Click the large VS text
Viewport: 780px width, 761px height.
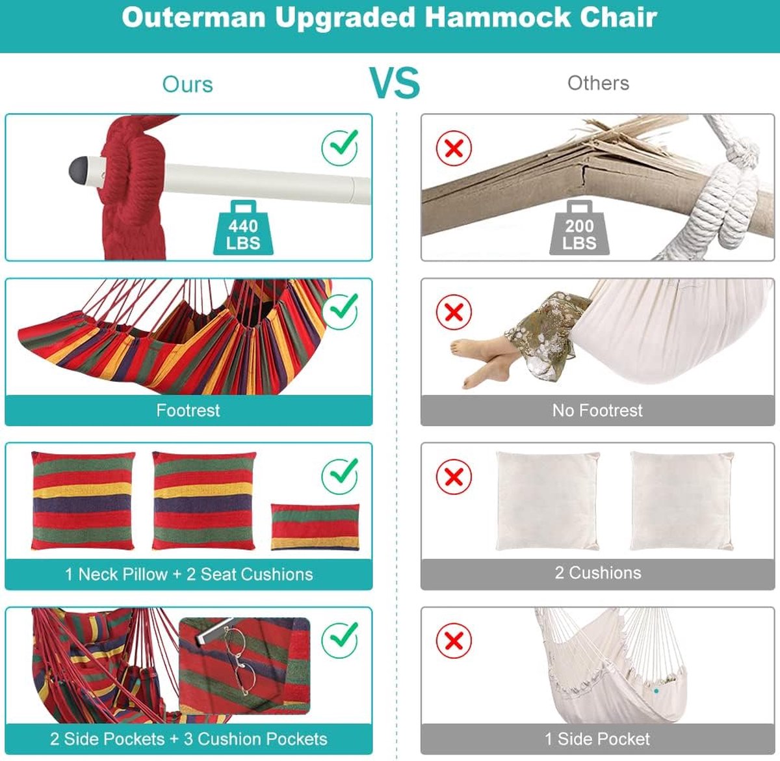click(x=395, y=83)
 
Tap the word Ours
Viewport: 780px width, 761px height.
click(x=188, y=85)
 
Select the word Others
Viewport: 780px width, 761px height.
click(x=598, y=83)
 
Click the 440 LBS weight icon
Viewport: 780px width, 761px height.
click(x=243, y=228)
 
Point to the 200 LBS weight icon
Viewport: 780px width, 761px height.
click(x=579, y=228)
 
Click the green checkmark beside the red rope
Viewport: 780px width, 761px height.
click(x=340, y=147)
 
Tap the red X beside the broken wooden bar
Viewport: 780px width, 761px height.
click(x=454, y=148)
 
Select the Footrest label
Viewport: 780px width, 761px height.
click(x=188, y=410)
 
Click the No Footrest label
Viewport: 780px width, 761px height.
click(x=597, y=410)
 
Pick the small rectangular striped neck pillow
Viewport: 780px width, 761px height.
click(x=315, y=527)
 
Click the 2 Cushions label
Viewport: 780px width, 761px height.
click(x=598, y=573)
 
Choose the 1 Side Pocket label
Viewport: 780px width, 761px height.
click(x=597, y=738)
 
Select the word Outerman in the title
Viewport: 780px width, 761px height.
click(x=194, y=18)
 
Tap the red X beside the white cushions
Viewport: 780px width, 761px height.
click(x=454, y=477)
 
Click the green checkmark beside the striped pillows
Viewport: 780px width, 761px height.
click(x=340, y=476)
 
